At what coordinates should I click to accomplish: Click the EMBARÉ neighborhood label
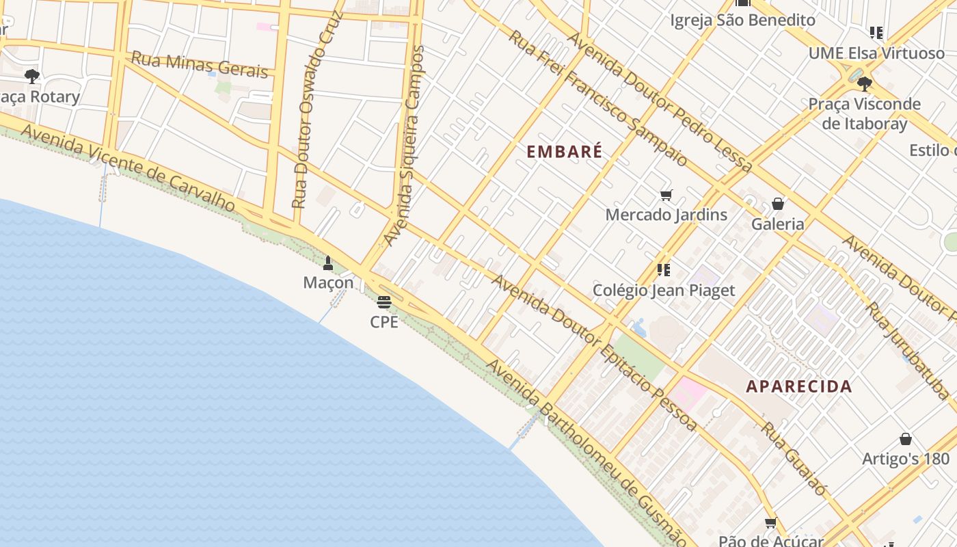pyautogui.click(x=565, y=151)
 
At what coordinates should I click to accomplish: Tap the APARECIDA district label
pyautogui.click(x=799, y=386)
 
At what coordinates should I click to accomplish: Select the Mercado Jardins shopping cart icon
pyautogui.click(x=666, y=196)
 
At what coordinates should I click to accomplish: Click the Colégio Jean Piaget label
pyautogui.click(x=664, y=291)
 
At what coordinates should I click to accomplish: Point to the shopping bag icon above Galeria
pyautogui.click(x=777, y=204)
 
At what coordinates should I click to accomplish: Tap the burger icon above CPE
pyautogui.click(x=384, y=302)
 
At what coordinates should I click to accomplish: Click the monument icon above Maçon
pyautogui.click(x=328, y=263)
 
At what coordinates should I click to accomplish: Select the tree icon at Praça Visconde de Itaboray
pyautogui.click(x=864, y=84)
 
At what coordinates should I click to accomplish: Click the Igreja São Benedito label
pyautogui.click(x=742, y=20)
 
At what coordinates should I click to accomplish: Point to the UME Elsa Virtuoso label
pyautogui.click(x=876, y=53)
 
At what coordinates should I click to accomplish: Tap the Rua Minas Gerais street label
pyautogui.click(x=200, y=64)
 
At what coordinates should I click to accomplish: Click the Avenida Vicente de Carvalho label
pyautogui.click(x=129, y=168)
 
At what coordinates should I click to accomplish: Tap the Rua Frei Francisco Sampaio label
pyautogui.click(x=597, y=98)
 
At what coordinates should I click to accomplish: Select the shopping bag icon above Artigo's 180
pyautogui.click(x=906, y=439)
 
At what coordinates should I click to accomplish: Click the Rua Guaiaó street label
pyautogui.click(x=794, y=458)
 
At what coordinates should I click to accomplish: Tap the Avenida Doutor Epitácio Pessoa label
pyautogui.click(x=594, y=353)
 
